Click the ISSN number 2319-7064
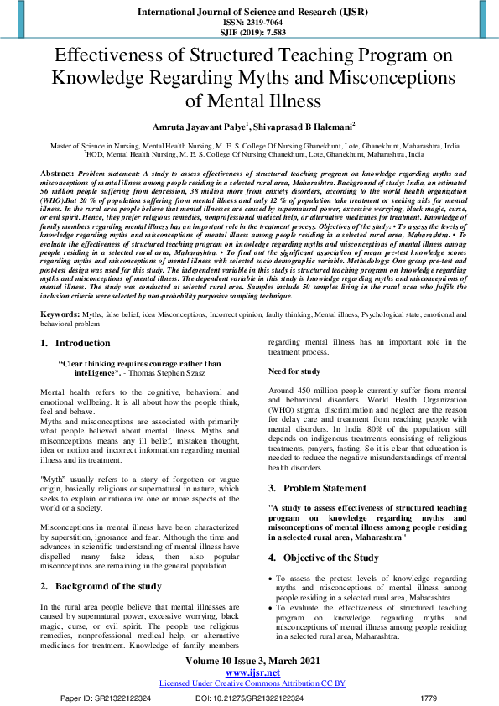coord(261,23)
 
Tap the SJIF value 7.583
coord(267,33)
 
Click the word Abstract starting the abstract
coord(56,172)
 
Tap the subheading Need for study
coord(294,371)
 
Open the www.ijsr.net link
coord(252,672)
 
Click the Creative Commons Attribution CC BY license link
coord(252,683)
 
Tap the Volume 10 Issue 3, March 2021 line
coord(252,662)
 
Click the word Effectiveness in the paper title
coord(111,56)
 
